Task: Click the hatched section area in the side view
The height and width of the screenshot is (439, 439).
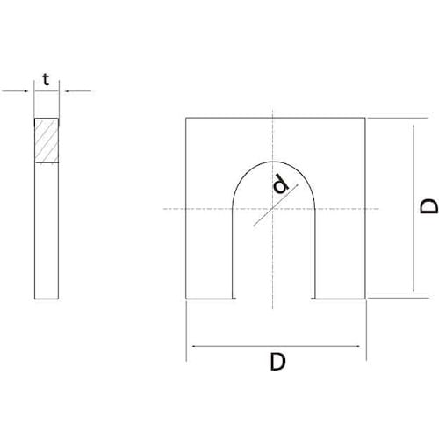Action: [47, 140]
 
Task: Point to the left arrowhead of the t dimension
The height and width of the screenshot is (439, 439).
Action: [32, 90]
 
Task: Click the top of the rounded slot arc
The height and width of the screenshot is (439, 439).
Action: [273, 161]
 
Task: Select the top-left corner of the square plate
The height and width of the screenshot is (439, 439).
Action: [187, 119]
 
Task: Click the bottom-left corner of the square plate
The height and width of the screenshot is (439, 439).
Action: [187, 298]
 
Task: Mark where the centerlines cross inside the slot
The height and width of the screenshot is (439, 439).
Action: [273, 208]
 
